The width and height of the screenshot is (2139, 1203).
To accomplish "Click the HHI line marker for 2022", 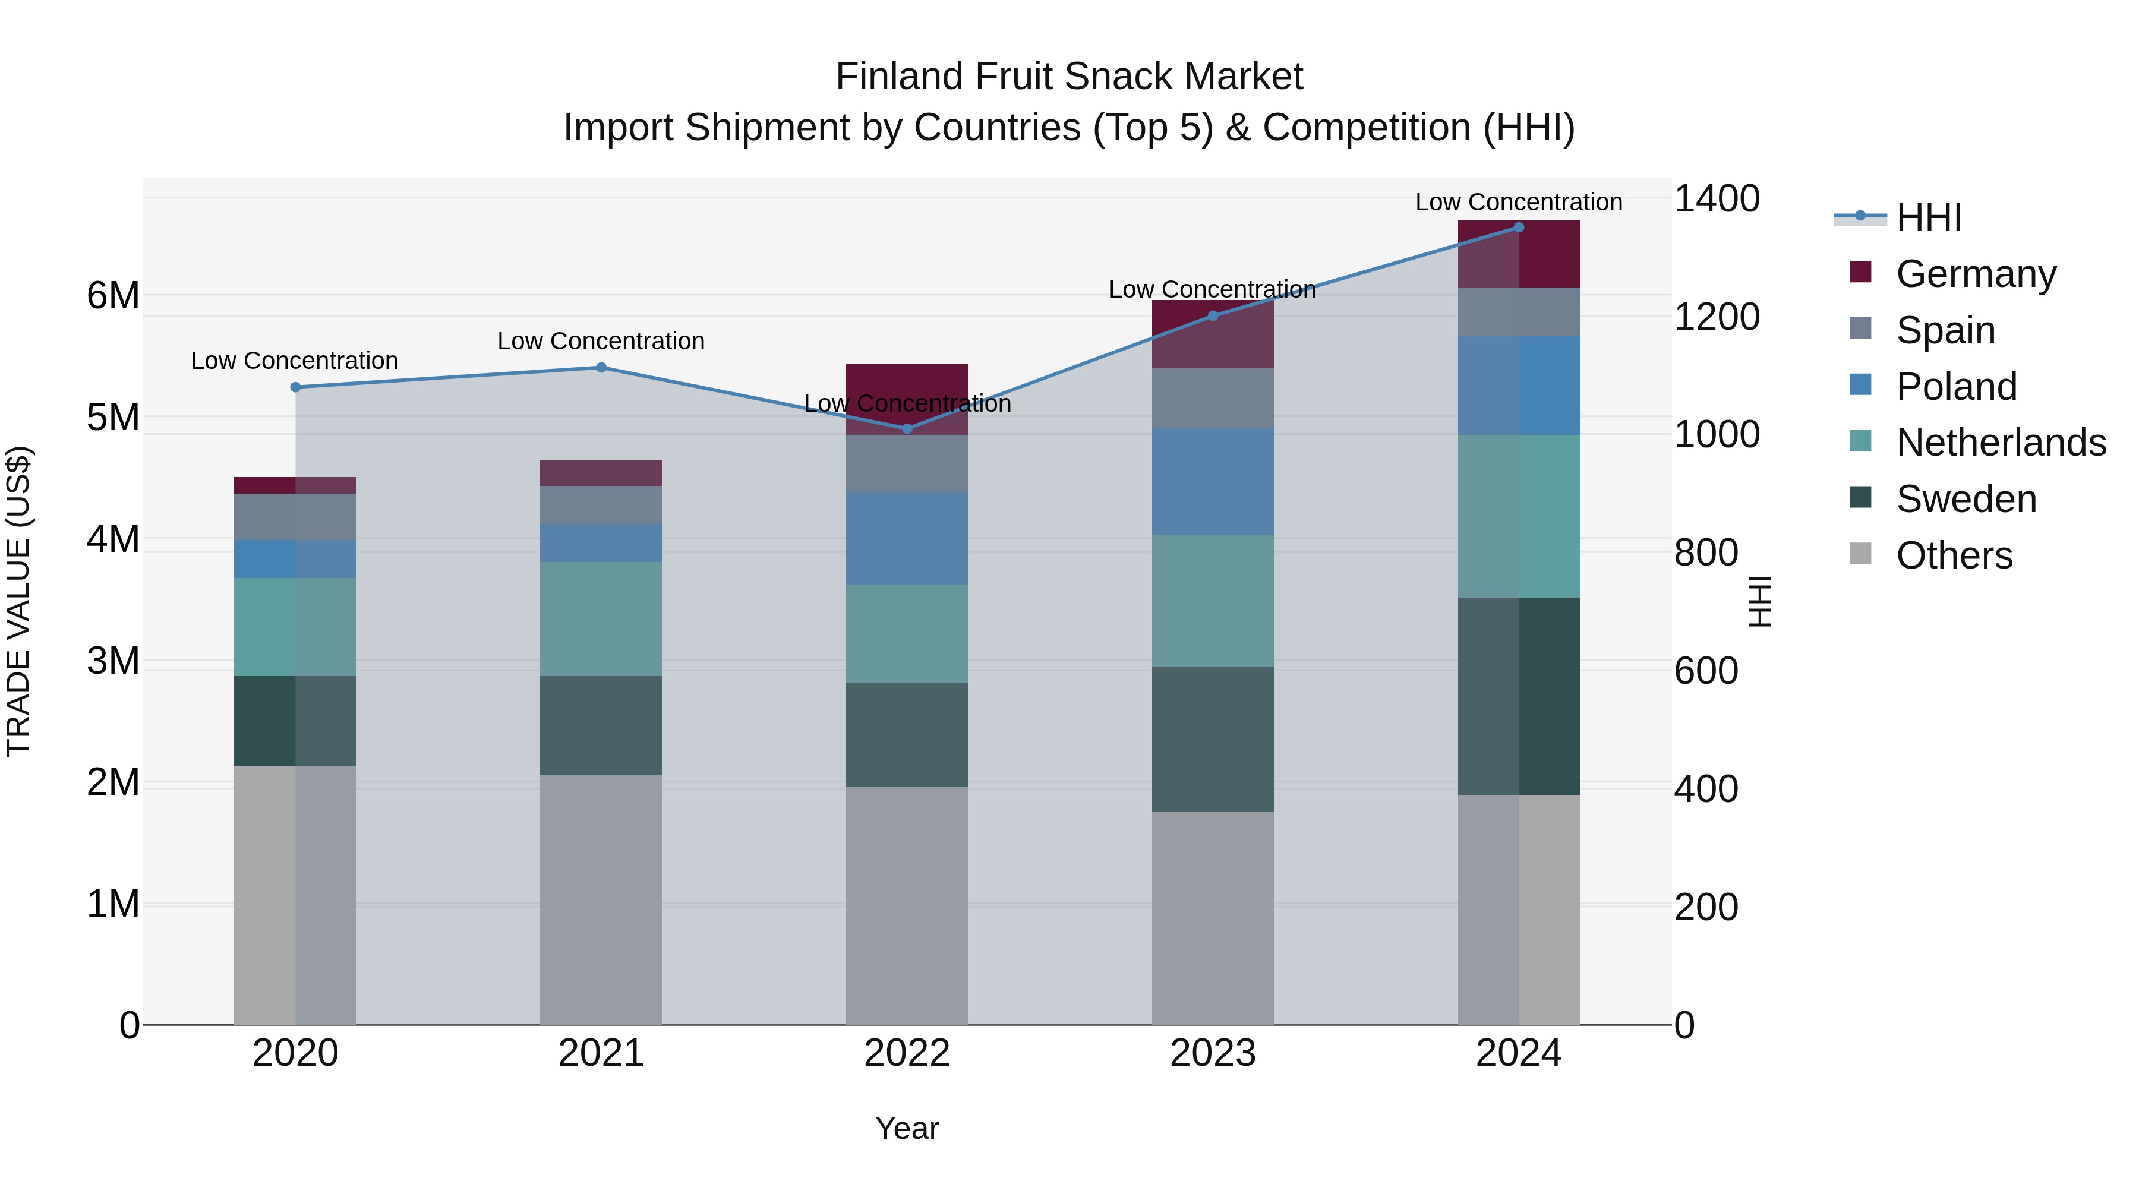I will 907,428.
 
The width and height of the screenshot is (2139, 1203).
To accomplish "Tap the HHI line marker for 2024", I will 1519,228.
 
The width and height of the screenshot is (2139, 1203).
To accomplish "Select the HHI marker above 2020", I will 296,387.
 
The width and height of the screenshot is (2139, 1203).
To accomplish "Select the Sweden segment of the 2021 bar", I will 601,725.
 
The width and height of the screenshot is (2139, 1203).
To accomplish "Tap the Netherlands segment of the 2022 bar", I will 907,633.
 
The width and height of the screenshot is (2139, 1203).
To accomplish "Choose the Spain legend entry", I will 1945,330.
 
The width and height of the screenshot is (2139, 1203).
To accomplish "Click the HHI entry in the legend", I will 1929,217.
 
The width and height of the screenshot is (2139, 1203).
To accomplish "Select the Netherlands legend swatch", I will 1861,441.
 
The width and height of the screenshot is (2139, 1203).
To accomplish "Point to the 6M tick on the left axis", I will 113,296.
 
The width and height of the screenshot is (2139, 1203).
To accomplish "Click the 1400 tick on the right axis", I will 1715,199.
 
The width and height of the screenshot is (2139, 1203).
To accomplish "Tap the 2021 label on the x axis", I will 601,1053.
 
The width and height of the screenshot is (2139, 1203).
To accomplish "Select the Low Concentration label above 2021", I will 601,341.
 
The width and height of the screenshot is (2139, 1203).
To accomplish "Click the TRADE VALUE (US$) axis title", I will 18,601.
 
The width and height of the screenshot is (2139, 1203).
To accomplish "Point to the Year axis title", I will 907,1128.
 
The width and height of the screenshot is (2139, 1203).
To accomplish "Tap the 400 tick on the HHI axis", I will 1705,790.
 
